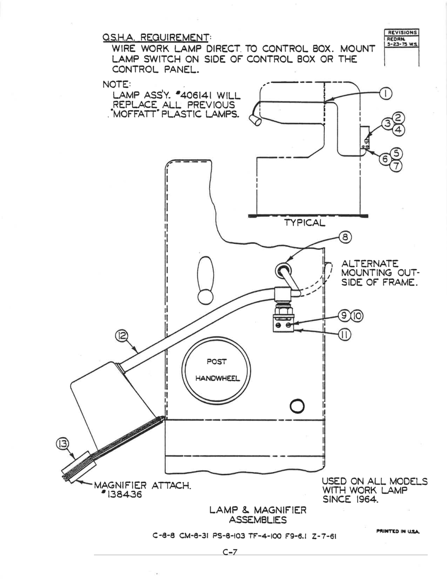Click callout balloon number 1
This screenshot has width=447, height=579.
[x=385, y=94]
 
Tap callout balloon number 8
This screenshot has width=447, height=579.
[x=345, y=237]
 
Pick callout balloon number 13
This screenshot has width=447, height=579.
[x=62, y=444]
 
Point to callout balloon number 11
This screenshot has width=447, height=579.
[x=345, y=335]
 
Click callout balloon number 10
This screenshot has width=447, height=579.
[x=357, y=316]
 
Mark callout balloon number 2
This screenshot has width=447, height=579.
[x=398, y=117]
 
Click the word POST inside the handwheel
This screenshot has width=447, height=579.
[x=217, y=362]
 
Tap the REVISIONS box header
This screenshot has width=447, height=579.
[x=402, y=32]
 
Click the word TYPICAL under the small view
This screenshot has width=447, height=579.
[x=305, y=223]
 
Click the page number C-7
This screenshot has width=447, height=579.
[x=230, y=552]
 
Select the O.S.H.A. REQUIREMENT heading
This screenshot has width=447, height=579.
[x=156, y=37]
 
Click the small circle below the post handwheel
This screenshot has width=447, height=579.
[x=297, y=406]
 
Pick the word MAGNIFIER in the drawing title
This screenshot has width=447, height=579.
[x=280, y=510]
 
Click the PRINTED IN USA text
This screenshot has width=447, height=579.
[x=398, y=531]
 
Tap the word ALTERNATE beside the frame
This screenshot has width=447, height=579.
[x=370, y=264]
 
